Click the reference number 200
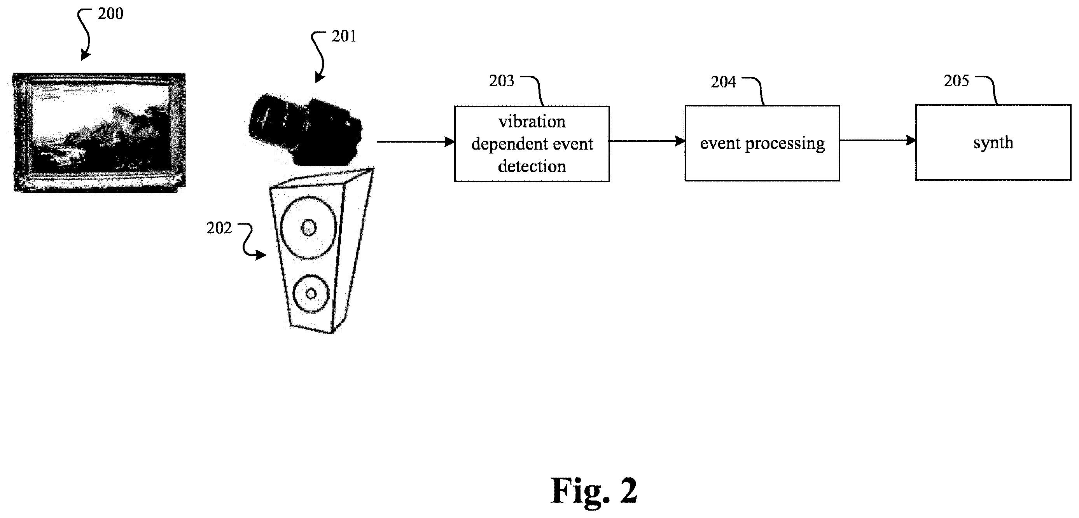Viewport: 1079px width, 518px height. click(110, 14)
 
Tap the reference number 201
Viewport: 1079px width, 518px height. click(344, 37)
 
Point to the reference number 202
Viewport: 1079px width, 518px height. click(219, 228)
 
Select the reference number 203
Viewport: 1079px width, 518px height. click(501, 81)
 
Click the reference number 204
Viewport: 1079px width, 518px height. click(723, 82)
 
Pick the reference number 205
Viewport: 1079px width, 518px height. click(956, 81)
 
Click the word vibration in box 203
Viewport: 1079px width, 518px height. click(532, 122)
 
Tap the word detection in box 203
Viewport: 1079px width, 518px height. click(532, 167)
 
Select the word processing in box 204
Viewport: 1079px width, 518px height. click(785, 144)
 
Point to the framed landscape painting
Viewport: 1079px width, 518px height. click(99, 133)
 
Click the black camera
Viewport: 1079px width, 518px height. click(306, 130)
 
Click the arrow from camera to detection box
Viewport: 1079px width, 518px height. click(416, 142)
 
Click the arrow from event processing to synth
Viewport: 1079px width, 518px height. click(878, 141)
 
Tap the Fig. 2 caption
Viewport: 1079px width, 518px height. click(594, 491)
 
